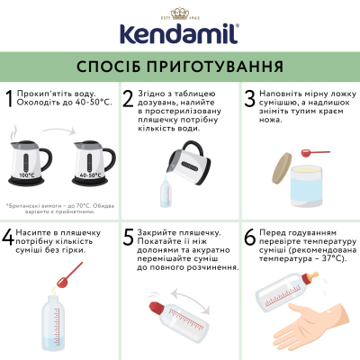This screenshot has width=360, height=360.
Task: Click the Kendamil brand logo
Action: [179, 31]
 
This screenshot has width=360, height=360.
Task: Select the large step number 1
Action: [11, 100]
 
